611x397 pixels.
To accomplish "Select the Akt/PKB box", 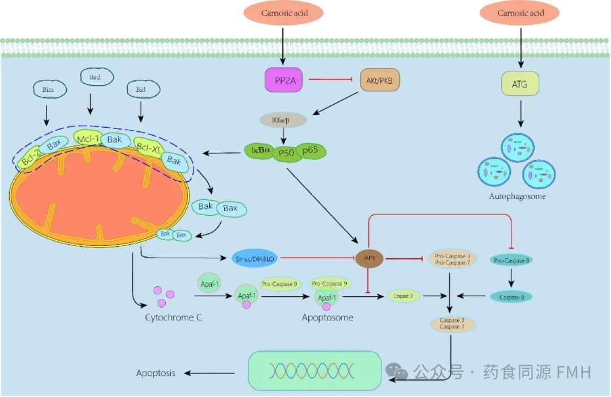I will tap(380, 82).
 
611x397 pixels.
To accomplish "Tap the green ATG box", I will tap(519, 84).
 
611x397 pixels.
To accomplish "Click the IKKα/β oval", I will tap(283, 120).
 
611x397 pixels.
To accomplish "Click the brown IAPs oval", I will tap(367, 258).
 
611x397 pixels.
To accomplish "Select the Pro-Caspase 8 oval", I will tap(511, 260).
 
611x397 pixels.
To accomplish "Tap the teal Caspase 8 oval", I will tap(511, 297).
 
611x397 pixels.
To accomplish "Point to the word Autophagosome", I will tap(517, 197).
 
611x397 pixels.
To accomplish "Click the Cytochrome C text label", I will tap(173, 317).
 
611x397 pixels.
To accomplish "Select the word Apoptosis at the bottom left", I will tap(156, 373).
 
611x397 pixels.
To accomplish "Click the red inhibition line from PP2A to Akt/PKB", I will tap(328, 81).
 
